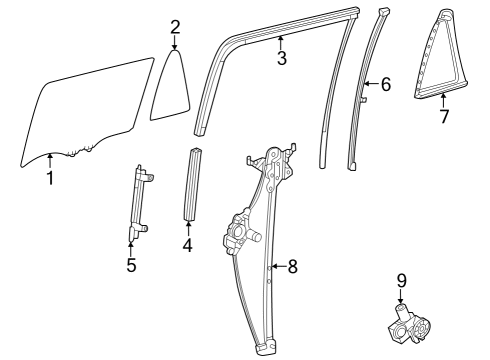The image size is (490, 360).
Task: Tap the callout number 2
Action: point(175,26)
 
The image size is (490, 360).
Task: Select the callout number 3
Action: point(282,58)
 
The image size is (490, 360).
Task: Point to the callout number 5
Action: point(131,265)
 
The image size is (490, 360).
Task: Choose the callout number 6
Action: point(386,87)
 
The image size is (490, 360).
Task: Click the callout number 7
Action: point(444,116)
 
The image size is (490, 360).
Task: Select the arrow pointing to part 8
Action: point(277,266)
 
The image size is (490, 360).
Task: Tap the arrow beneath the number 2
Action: point(175,42)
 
